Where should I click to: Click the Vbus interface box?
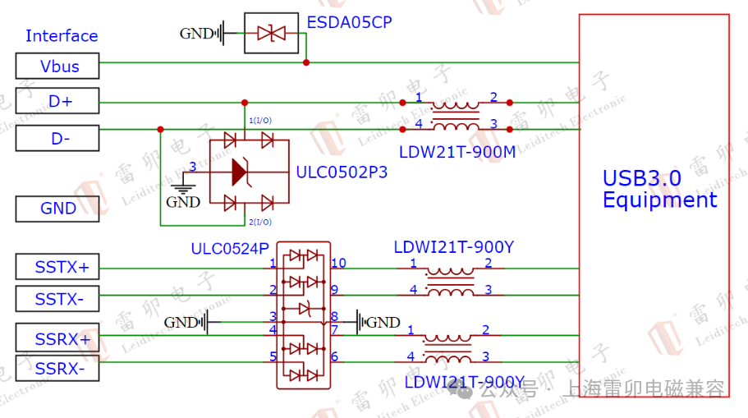(57, 66)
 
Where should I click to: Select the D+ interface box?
(57, 101)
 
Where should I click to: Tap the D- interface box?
(57, 138)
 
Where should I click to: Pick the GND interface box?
(57, 209)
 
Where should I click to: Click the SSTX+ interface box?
(57, 267)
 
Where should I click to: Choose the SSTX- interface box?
(57, 299)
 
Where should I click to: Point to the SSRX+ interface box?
(57, 338)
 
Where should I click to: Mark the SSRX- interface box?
(57, 369)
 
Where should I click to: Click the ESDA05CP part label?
(349, 22)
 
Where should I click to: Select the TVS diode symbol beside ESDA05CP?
(272, 34)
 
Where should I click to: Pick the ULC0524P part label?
(230, 248)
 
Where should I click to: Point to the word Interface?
(62, 35)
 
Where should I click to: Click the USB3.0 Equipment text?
(659, 189)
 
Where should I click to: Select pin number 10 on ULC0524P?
(338, 264)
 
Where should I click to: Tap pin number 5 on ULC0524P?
(273, 356)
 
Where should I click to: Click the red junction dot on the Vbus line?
(306, 62)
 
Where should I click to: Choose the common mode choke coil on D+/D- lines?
(456, 115)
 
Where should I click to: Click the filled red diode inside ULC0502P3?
(240, 171)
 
